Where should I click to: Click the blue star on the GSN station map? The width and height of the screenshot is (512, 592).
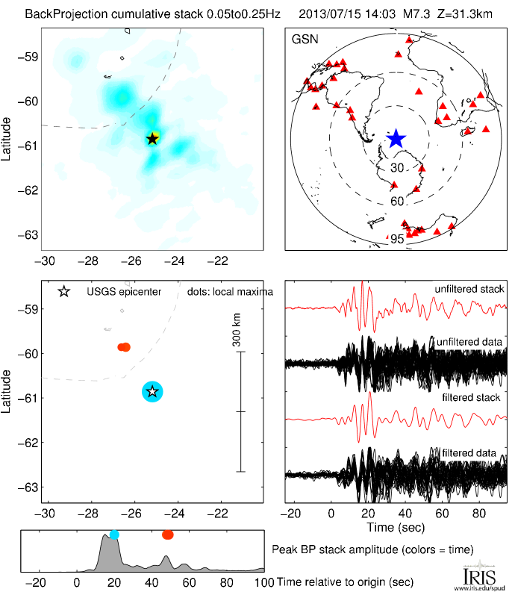coord(396,139)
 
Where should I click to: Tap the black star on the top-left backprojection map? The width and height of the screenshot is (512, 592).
coord(152,138)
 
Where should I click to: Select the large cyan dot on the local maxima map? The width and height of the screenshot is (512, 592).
coord(152,391)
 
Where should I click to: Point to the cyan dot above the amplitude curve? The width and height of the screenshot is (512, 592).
coord(114,535)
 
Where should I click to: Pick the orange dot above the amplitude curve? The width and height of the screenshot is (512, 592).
coord(167,535)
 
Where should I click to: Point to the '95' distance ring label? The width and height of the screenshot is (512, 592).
coord(397,239)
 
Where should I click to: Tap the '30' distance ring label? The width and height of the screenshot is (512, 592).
coord(397,167)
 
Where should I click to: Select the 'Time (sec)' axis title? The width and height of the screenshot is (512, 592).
coord(396,528)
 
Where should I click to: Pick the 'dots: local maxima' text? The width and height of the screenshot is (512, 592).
coord(230,291)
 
